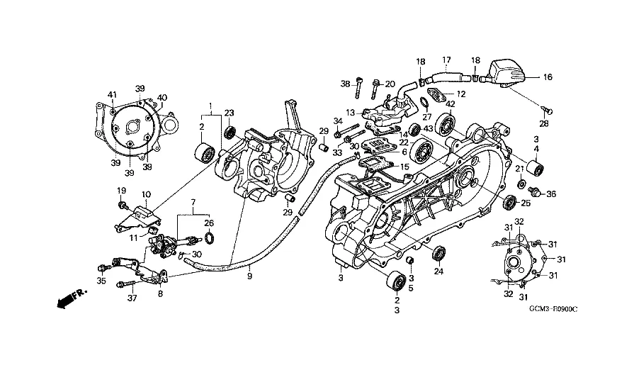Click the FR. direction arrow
coord(72,298)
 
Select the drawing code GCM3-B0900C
coord(553,309)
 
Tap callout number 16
coord(548,77)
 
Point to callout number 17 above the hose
coord(446,60)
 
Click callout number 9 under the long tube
coord(249,276)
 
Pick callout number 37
coord(132,298)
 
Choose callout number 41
coord(112,94)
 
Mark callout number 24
coord(438,271)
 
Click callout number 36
coord(551,194)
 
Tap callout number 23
coord(230,113)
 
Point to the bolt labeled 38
coord(358,87)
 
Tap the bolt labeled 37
coord(126,285)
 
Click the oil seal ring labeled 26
coord(210,238)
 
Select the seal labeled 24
coord(439,253)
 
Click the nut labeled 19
coord(121,206)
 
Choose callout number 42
coord(451,104)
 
